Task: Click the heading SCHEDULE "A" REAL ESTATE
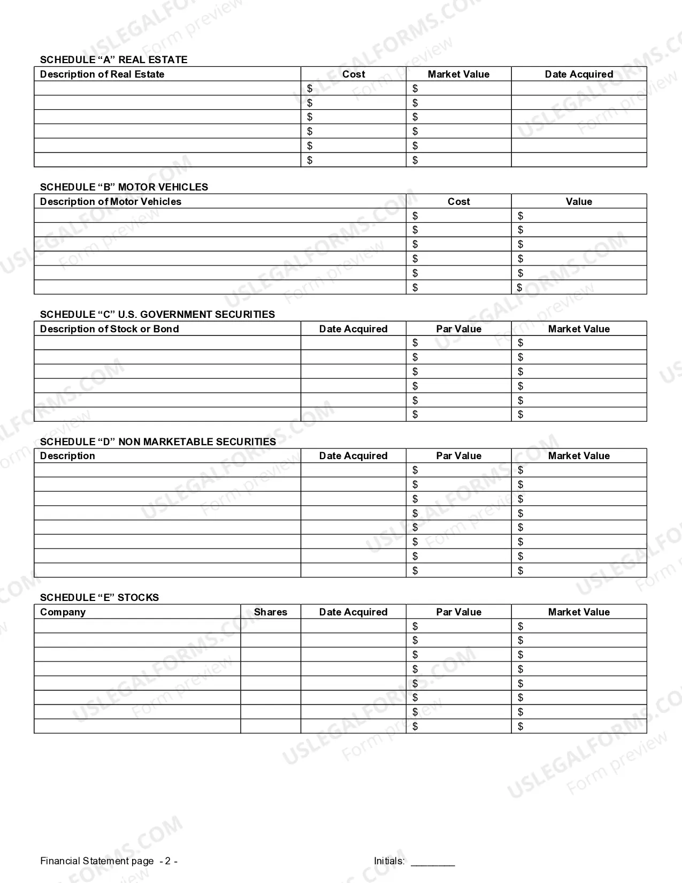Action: point(113,60)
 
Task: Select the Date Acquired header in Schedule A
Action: point(579,74)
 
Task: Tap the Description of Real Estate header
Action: point(102,74)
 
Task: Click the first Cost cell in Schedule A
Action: point(354,88)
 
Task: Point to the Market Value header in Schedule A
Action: point(458,74)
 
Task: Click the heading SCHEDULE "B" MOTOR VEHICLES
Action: point(124,187)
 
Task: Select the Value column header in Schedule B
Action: point(579,202)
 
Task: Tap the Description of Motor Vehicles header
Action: point(111,202)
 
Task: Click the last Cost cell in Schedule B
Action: point(458,287)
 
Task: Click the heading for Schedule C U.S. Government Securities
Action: point(157,315)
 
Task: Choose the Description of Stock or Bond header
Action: point(110,329)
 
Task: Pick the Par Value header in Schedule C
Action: point(458,329)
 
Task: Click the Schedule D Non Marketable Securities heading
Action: point(158,442)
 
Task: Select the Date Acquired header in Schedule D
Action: point(353,456)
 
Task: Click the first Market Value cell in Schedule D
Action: point(579,470)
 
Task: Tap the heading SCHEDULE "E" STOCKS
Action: point(99,598)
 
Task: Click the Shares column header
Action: point(270,612)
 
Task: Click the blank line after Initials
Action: point(433,862)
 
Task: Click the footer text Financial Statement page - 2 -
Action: point(109,861)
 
